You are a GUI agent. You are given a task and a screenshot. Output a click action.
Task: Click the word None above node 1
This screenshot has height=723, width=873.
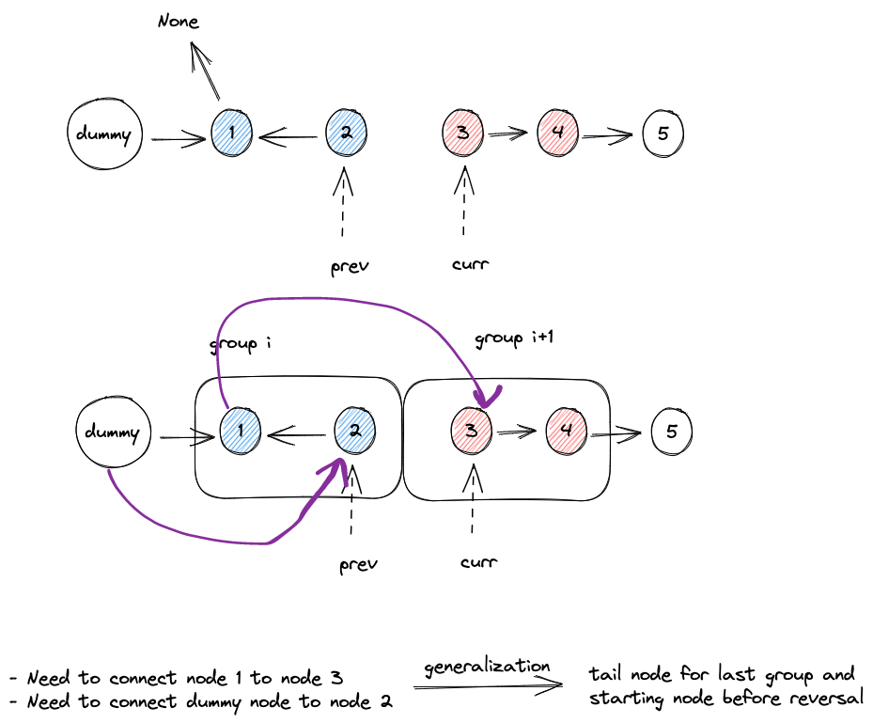click(179, 20)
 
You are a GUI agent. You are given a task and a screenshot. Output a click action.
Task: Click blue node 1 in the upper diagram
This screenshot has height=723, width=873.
click(232, 133)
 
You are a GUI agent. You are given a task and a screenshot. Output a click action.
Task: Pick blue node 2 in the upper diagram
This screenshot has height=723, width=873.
click(347, 133)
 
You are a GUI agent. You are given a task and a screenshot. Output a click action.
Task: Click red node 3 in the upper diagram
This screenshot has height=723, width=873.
click(462, 133)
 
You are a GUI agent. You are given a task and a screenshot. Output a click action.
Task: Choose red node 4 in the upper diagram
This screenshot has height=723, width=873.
click(558, 133)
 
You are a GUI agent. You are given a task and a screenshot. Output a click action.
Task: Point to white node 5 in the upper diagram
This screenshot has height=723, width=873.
click(663, 134)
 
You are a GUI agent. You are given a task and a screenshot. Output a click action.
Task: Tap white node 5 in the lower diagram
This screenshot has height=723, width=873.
click(671, 432)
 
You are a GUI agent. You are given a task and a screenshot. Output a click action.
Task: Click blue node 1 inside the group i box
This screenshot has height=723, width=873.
click(242, 432)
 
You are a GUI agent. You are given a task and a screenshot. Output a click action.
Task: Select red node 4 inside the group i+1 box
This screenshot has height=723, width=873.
click(567, 430)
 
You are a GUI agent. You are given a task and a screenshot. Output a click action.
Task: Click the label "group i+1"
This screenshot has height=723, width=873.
click(512, 338)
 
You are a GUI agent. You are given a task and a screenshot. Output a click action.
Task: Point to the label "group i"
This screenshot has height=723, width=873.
click(241, 344)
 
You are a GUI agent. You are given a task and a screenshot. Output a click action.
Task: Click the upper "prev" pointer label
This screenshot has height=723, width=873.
click(350, 267)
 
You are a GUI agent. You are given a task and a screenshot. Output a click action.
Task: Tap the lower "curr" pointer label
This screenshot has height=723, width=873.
click(477, 562)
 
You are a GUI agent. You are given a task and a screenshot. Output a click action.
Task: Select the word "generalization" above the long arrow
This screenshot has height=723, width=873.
click(487, 667)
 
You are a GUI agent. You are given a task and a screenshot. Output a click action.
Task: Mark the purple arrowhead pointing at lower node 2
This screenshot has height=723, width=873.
click(336, 467)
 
